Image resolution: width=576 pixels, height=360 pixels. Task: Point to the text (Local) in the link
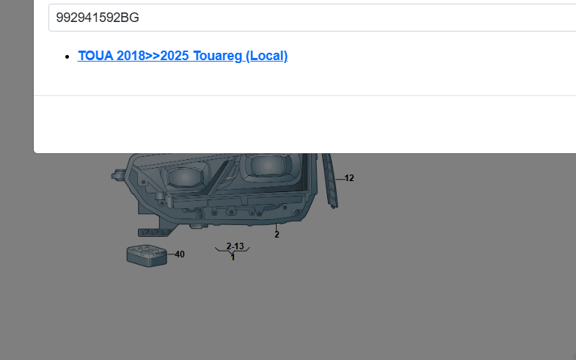pyautogui.click(x=266, y=56)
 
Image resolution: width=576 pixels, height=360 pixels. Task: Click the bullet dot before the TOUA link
pyautogui.click(x=67, y=56)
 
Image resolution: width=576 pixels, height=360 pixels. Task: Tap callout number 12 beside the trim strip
pyautogui.click(x=349, y=178)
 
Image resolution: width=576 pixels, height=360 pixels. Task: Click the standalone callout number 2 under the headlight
pyautogui.click(x=277, y=235)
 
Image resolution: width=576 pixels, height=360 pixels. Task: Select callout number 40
pyautogui.click(x=180, y=254)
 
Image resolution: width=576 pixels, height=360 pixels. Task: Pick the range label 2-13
pyautogui.click(x=235, y=246)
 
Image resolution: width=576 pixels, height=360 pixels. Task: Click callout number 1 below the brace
pyautogui.click(x=233, y=257)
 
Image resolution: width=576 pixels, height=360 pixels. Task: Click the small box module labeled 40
pyautogui.click(x=147, y=254)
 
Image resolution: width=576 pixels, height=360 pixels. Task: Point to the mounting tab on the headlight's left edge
pyautogui.click(x=117, y=175)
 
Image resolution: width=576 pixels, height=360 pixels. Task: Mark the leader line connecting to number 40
pyautogui.click(x=170, y=254)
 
